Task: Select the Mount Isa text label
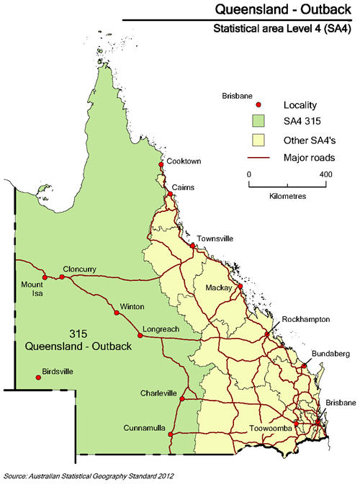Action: [32, 288]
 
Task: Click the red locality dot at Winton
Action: [117, 313]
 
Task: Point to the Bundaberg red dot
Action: [304, 366]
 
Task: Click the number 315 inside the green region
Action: [78, 334]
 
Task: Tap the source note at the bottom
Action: [89, 476]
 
